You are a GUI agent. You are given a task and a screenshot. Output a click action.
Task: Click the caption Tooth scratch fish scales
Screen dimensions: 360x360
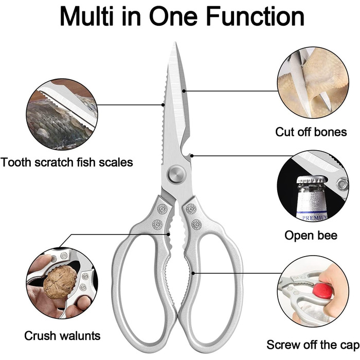coord(67,163)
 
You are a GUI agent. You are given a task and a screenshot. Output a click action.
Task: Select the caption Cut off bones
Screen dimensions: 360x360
coord(311,132)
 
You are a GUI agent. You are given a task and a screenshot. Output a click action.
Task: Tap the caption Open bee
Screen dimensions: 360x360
coord(311,235)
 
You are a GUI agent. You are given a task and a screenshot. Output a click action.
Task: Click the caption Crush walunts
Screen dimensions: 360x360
coord(62,336)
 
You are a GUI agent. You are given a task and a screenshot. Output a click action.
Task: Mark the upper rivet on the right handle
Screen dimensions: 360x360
coord(191,209)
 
